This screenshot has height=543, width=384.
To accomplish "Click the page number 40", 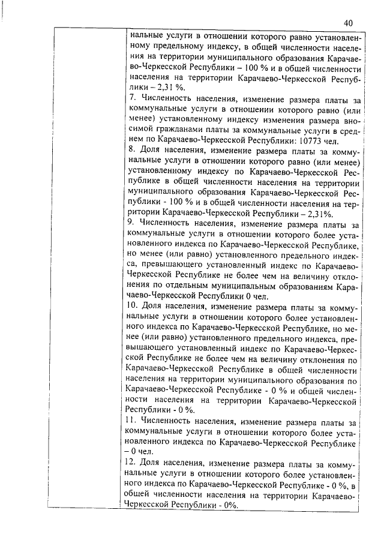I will [348, 23].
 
